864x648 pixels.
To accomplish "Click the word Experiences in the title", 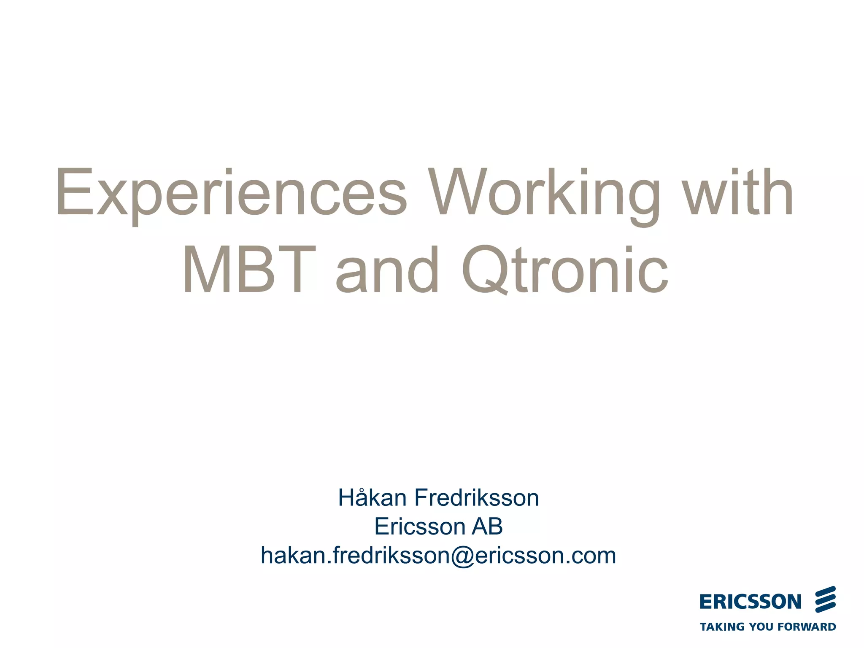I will (231, 193).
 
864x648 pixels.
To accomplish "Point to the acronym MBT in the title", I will (249, 270).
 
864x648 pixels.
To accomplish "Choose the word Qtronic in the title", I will (565, 270).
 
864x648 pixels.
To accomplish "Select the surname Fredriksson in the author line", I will (476, 498).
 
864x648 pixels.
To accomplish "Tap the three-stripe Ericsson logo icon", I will (825, 599).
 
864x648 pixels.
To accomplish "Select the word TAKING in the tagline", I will (722, 627).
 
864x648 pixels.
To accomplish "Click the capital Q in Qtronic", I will (483, 270).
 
